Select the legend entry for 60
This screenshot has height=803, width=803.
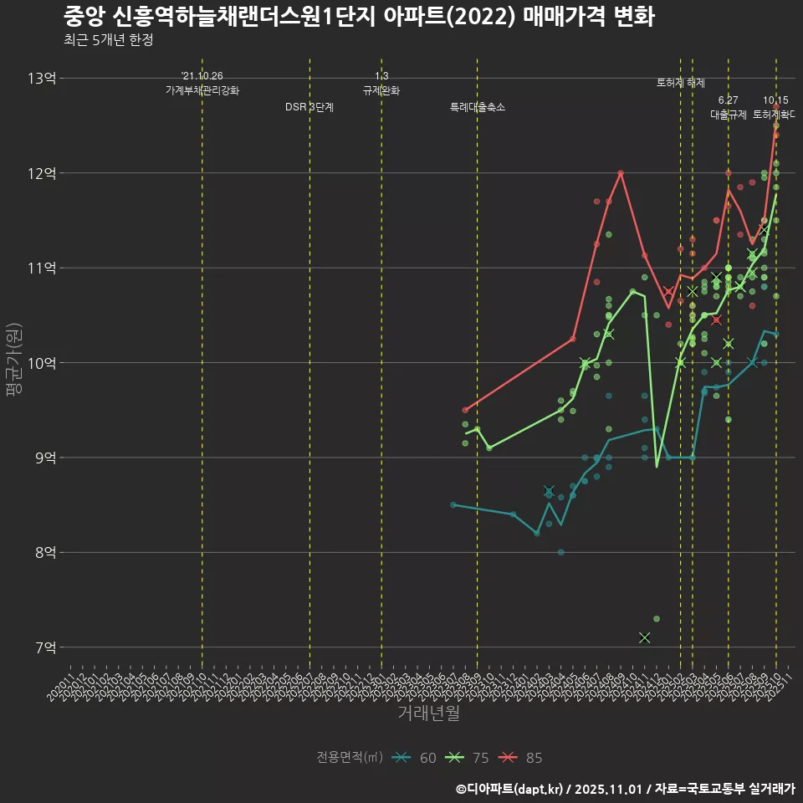416,758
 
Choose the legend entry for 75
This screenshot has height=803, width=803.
468,758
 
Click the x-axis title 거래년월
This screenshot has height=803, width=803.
428,713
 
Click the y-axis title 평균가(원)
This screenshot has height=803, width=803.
13,363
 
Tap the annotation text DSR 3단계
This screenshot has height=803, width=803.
309,107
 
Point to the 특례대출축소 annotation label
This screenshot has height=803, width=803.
478,107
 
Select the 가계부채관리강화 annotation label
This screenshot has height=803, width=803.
202,90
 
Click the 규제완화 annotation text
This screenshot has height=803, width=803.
381,90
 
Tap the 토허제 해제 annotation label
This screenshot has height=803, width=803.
681,83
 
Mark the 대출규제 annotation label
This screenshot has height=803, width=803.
729,115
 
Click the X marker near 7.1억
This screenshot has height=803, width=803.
644,637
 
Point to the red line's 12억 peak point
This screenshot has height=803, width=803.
621,173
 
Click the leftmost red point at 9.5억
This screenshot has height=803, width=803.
465,410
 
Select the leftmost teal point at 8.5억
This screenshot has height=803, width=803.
453,504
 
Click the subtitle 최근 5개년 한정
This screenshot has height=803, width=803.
108,39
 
